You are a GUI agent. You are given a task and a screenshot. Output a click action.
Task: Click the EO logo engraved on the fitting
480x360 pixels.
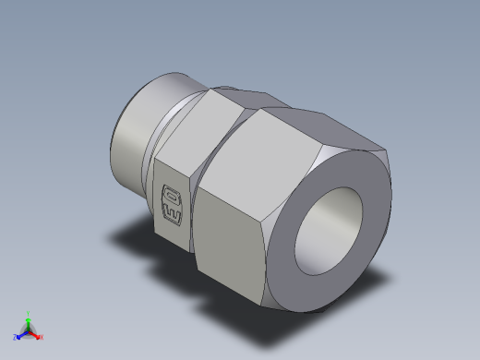[173, 199]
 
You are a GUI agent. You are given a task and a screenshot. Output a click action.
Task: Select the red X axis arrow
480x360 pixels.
[37, 334]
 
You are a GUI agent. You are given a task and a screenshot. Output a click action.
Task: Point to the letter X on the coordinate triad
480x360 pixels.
[42, 337]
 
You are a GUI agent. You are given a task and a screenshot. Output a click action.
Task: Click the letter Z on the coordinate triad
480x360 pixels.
[15, 337]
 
